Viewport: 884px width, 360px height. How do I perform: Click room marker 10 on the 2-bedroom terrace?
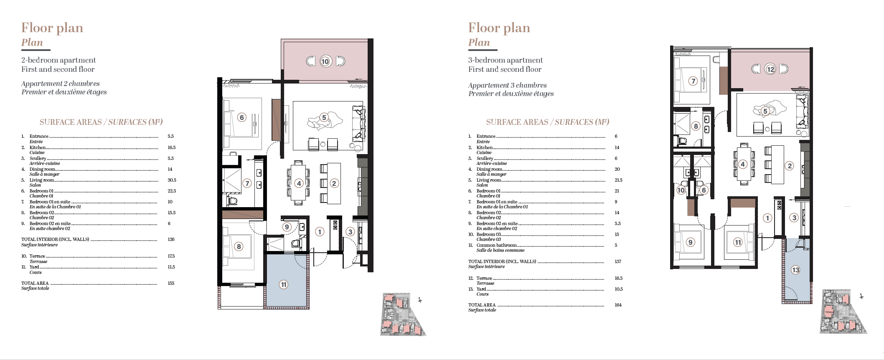(325, 61)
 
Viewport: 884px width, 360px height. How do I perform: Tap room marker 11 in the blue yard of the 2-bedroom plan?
(284, 285)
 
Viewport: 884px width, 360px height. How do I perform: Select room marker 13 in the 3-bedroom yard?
(795, 270)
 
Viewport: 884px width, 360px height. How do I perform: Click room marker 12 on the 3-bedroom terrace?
(770, 69)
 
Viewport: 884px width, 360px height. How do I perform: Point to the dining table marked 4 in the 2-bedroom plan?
(298, 183)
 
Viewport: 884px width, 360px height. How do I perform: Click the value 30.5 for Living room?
(172, 180)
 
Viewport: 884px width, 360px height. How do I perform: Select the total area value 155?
(171, 283)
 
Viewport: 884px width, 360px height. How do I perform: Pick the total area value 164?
(618, 305)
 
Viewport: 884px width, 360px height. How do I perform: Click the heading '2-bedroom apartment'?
(58, 60)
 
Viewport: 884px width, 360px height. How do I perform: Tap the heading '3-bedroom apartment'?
(506, 60)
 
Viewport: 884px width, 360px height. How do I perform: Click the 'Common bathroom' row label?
(497, 245)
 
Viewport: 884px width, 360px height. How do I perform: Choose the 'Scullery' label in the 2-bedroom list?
(38, 158)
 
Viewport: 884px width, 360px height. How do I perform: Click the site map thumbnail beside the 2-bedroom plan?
(403, 314)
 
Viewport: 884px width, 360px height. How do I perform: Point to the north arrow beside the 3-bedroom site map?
(861, 296)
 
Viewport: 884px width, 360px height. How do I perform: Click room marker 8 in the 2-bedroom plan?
(239, 246)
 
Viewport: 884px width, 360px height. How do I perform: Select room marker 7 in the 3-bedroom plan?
(693, 81)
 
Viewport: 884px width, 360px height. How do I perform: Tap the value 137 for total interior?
(618, 261)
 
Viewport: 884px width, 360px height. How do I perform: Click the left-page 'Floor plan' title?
(52, 28)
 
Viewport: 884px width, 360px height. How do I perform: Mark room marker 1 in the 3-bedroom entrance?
(767, 218)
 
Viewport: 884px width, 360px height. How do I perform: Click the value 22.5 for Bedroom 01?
(172, 191)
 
